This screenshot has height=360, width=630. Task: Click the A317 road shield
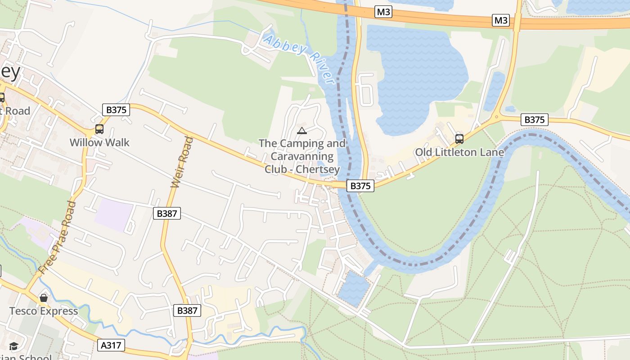[x=111, y=345]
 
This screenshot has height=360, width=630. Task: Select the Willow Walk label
[x=99, y=143]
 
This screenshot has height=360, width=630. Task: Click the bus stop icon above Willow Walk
[x=99, y=129]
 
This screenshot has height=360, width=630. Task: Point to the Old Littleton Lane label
[x=459, y=152]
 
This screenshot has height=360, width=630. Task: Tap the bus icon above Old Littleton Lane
[x=459, y=139]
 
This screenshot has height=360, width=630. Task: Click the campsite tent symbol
[x=301, y=131]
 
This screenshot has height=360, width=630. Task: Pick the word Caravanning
[x=301, y=157]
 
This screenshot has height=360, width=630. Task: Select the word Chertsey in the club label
[x=320, y=169]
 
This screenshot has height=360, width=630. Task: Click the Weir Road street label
[x=182, y=162]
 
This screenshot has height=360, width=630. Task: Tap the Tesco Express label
[x=44, y=311]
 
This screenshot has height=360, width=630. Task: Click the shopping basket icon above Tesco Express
[x=44, y=297]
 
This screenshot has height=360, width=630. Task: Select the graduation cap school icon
[x=14, y=346]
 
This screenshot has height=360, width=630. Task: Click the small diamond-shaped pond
[x=354, y=288]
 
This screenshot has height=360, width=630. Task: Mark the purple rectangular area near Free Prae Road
[x=113, y=214]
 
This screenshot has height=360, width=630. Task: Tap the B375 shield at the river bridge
[x=360, y=186]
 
